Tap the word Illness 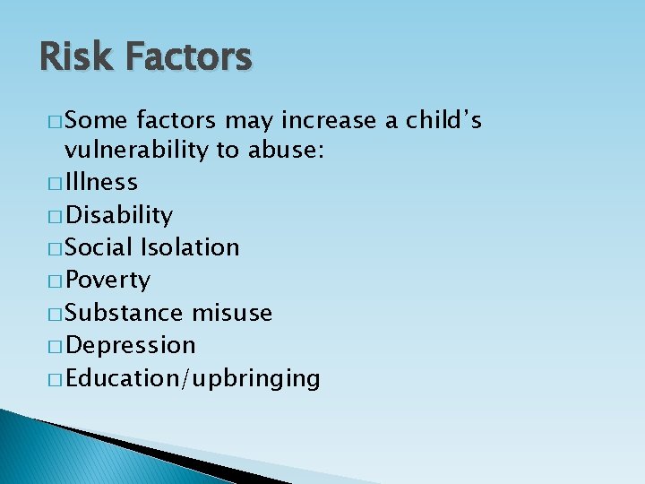tap(101, 182)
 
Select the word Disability tap(119, 215)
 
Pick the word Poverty tap(108, 281)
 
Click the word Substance tap(125, 313)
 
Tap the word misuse tap(233, 313)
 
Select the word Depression tap(131, 345)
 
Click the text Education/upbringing tap(193, 378)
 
